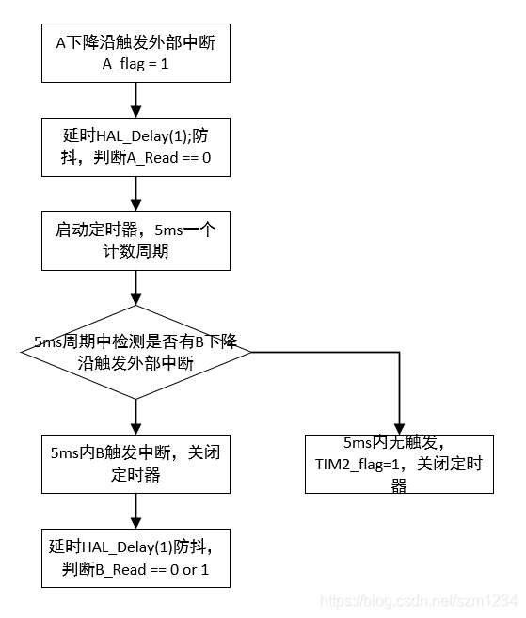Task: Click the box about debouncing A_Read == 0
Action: point(135,147)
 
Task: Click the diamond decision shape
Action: point(135,352)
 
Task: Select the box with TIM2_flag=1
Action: point(400,464)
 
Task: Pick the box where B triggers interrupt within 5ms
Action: point(135,463)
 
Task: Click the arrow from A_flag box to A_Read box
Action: point(135,100)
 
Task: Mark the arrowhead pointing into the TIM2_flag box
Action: point(400,428)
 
